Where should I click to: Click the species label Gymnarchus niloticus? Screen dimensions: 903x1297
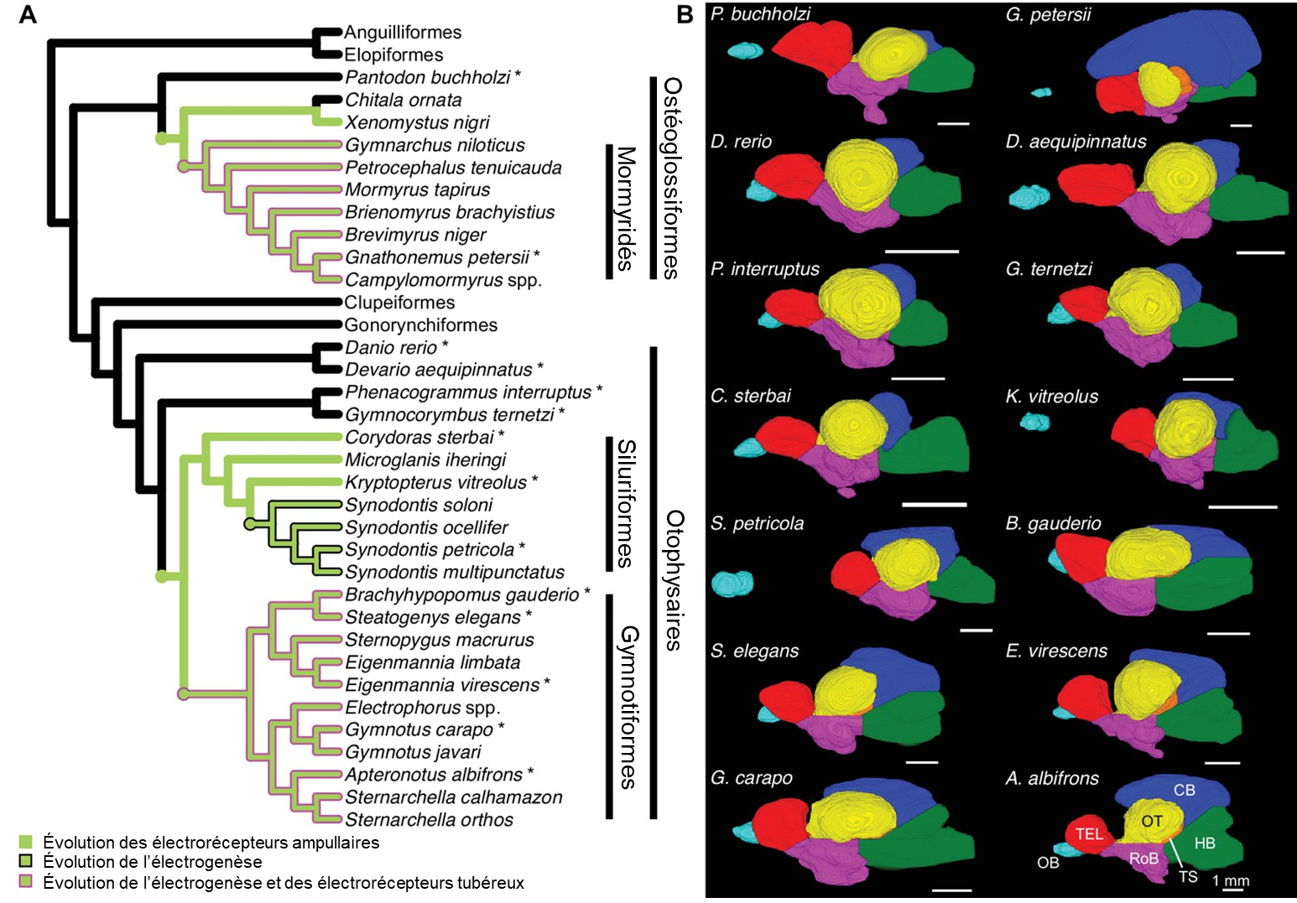(435, 145)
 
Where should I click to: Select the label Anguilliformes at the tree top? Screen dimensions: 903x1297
(403, 33)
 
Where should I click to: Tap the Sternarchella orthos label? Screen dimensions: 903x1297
(429, 820)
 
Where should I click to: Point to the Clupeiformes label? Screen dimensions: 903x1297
(399, 303)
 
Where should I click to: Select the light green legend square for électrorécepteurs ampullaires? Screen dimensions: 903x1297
(26, 842)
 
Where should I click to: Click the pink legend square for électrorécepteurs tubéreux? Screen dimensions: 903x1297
(26, 882)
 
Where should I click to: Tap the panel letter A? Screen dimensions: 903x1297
(28, 14)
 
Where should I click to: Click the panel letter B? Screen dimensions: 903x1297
(685, 14)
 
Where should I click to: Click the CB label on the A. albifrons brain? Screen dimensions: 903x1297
(1184, 791)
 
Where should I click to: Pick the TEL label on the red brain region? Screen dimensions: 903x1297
(1089, 834)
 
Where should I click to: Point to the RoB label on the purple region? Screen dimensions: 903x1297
(1143, 859)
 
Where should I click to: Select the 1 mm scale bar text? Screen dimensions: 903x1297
(1231, 881)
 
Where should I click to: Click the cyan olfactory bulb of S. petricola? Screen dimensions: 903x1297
(732, 584)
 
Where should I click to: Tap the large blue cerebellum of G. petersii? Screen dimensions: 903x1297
(1175, 50)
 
